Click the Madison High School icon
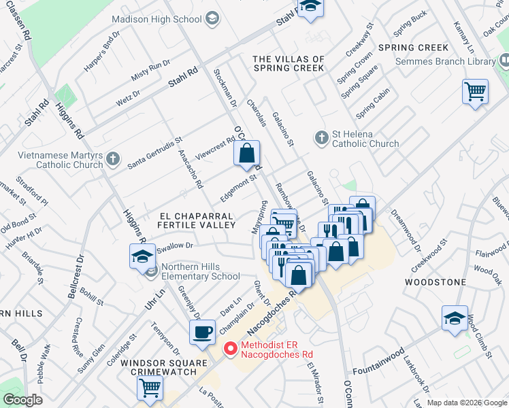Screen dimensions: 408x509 click(212, 19)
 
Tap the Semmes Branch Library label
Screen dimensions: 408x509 click(446, 62)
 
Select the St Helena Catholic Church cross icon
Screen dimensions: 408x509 click(322, 138)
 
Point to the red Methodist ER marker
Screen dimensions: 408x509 click(231, 348)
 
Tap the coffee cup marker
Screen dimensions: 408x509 click(202, 332)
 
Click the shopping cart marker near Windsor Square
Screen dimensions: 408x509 click(150, 388)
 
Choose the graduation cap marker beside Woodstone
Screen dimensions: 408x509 click(455, 318)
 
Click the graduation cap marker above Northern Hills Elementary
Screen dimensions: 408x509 click(142, 256)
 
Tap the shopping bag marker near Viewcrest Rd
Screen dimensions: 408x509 click(247, 152)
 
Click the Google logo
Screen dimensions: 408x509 click(22, 400)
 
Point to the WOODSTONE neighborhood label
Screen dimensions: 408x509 click(436, 282)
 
